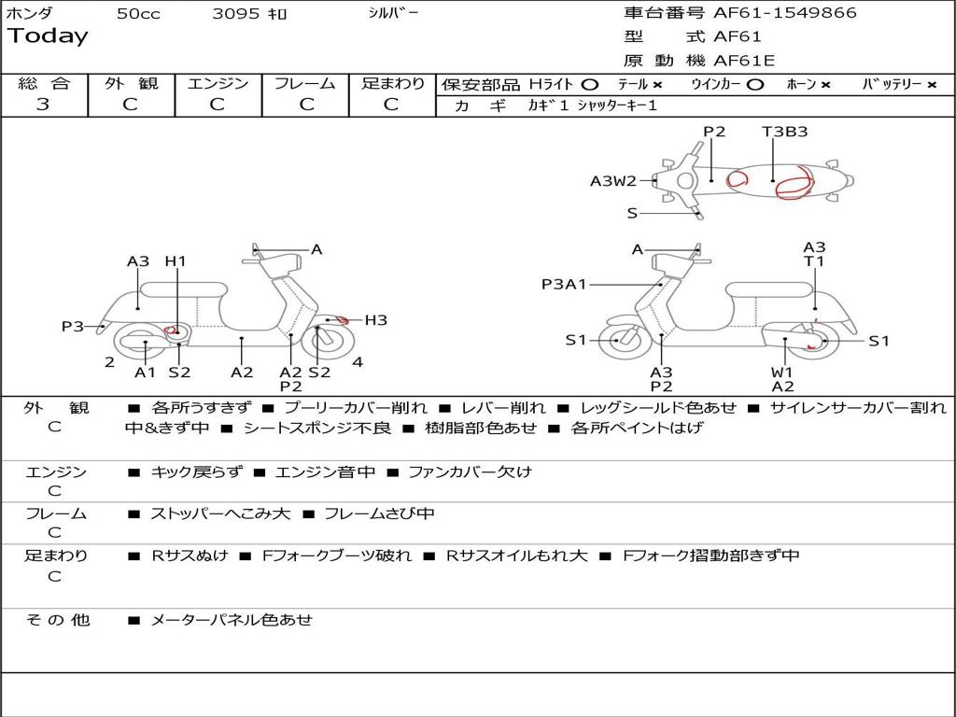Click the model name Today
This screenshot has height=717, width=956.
point(48,36)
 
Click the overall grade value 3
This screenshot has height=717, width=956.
point(43,105)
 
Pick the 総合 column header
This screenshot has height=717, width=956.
point(44,84)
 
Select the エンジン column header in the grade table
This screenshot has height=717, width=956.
point(218,84)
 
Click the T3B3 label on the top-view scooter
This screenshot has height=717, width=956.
point(784,132)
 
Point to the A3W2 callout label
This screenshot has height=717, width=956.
point(612,181)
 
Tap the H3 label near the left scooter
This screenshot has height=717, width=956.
point(375,320)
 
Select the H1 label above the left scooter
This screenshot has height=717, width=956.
point(176,261)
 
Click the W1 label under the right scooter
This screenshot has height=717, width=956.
point(782,373)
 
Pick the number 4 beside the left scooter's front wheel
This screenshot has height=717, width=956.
point(358,362)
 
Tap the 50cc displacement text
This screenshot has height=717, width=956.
point(138,14)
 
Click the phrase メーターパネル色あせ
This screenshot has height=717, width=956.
point(232,620)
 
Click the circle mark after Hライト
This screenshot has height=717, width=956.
point(589,84)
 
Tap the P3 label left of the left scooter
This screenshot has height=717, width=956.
point(73,326)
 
